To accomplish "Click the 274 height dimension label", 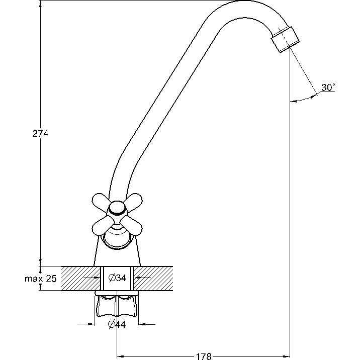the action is pos(40,133).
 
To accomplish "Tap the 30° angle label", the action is pos(328,87).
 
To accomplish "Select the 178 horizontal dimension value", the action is pos(204,356).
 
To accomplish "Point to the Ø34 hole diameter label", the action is pos(117,278).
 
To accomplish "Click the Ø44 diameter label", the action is pos(117,324).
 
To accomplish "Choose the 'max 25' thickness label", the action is pos(41,279).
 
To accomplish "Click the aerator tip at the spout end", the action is pos(286,40).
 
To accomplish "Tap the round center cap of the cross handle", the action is pos(118,208).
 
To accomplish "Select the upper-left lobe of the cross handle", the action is pos(101,201).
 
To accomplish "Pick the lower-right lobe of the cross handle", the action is pos(132,227).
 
